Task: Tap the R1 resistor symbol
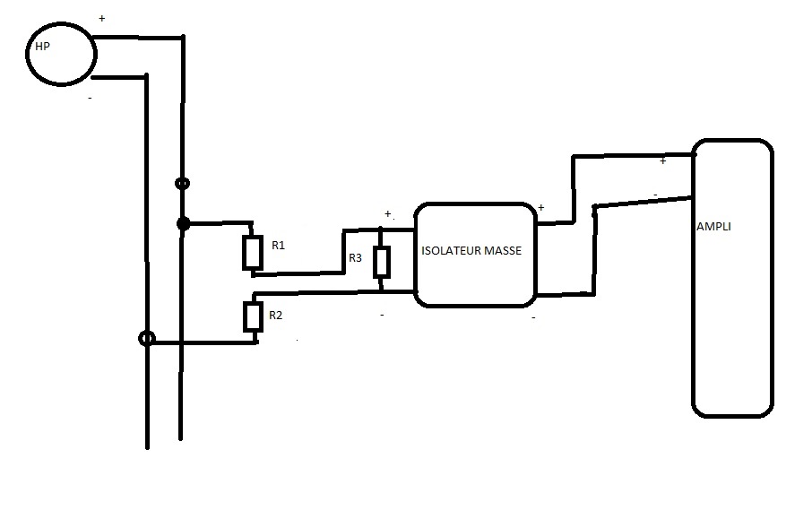pos(252,253)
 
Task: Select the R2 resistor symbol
pos(252,316)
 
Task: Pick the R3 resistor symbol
pos(382,262)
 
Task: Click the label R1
pos(278,245)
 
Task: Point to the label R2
pos(276,315)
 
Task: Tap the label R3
pos(356,258)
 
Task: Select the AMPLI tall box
pos(731,278)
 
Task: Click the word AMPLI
pos(713,227)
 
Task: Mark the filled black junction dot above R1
pos(184,222)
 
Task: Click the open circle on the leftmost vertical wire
pos(147,340)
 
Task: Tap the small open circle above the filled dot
pos(183,184)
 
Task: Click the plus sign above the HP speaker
pos(101,18)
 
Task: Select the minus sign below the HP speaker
pos(90,97)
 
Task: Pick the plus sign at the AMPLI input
pos(662,161)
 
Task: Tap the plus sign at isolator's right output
pos(540,208)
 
